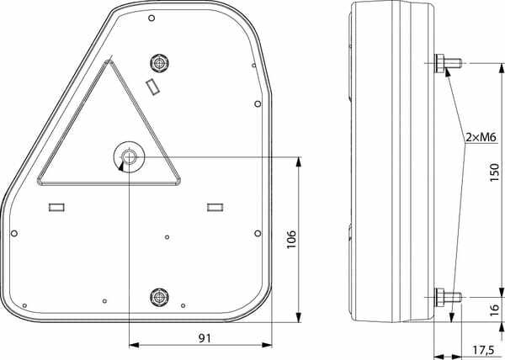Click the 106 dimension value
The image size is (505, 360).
pos(291,239)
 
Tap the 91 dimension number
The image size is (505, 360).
pos(205,338)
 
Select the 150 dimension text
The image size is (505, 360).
pos(494,172)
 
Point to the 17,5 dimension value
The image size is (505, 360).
pos(483,350)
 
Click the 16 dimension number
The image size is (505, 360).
pos(494,310)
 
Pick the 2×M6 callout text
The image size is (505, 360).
pos(481,138)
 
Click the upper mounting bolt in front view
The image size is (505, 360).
pos(160,63)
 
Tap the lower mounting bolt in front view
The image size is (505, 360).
pos(160,297)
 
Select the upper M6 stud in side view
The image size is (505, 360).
pos(449,63)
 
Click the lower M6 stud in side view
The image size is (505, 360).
pos(449,298)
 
